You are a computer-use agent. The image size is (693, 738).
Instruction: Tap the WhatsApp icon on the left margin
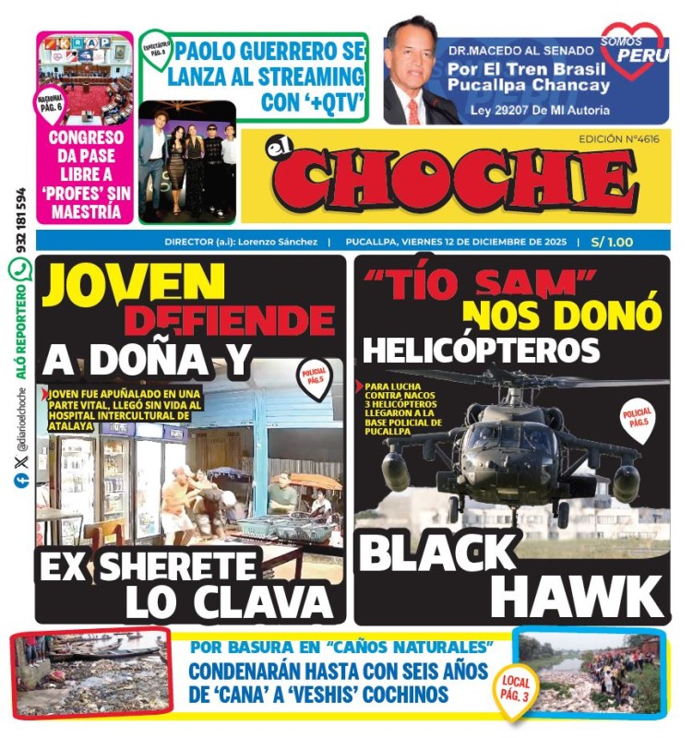click(19, 269)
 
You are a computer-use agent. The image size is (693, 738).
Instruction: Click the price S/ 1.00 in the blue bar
click(612, 242)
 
